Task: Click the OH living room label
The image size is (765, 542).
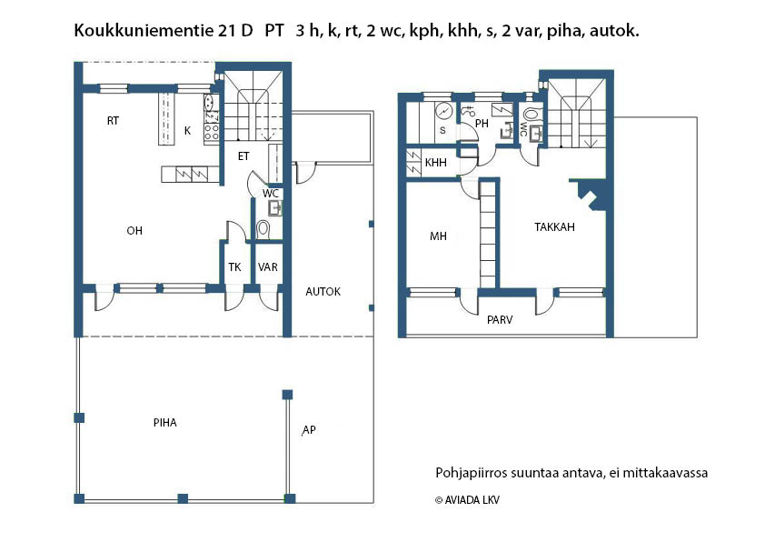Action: [134, 230]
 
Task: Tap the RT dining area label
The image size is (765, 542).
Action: [114, 121]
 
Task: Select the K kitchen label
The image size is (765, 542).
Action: [187, 131]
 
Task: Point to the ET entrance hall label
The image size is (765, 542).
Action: [243, 156]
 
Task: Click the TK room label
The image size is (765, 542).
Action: [234, 267]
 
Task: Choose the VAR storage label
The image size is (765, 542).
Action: [268, 267]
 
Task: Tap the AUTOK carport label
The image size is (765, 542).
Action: [323, 292]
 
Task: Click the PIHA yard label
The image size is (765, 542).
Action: [165, 422]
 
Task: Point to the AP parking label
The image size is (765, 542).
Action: [309, 430]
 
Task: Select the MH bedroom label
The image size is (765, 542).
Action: [438, 236]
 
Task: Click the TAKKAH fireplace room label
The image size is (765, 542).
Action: [555, 227]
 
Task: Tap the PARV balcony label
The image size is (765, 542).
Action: [500, 320]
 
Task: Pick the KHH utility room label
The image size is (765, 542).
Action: [436, 162]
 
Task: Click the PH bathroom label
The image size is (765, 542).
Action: [482, 124]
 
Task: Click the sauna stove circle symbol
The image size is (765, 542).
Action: [444, 111]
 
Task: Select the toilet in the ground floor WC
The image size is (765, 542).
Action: [263, 228]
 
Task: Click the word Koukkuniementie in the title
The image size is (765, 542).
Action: [144, 31]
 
